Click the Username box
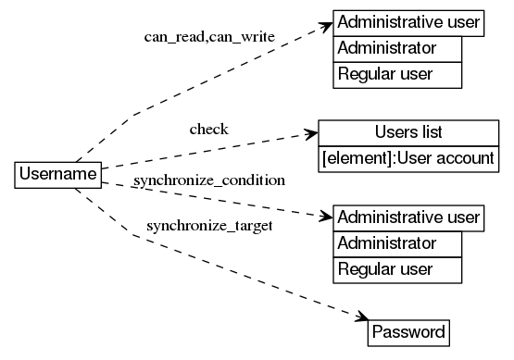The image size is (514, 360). point(58,174)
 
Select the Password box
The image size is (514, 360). point(408,331)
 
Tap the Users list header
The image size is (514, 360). point(408,132)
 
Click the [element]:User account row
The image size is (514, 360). point(408,157)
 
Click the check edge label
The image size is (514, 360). point(208,128)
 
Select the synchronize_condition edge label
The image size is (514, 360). point(208,179)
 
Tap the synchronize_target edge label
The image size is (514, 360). point(209,225)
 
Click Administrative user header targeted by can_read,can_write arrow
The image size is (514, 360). point(408,21)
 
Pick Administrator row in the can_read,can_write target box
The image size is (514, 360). point(397,48)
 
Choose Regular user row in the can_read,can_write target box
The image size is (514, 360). point(397,74)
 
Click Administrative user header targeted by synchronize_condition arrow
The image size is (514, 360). point(408,218)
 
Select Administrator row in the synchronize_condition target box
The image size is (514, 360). point(397,244)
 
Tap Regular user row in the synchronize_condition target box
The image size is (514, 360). point(397,269)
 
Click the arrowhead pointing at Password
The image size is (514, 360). point(362,317)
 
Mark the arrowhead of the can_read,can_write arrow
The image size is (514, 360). point(325,25)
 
